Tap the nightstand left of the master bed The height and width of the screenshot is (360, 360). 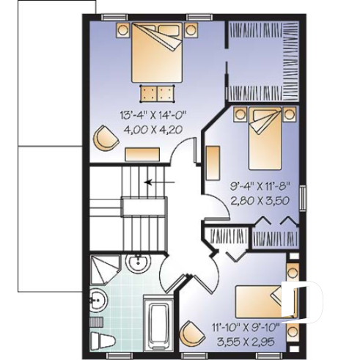[x=122, y=31]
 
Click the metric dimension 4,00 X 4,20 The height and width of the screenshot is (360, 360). [x=152, y=129]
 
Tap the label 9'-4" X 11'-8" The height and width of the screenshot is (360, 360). [x=250, y=185]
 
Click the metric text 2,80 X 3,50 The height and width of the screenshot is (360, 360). [x=251, y=199]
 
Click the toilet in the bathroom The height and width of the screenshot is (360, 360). [x=100, y=339]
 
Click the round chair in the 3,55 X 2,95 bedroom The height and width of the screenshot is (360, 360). [x=192, y=333]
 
